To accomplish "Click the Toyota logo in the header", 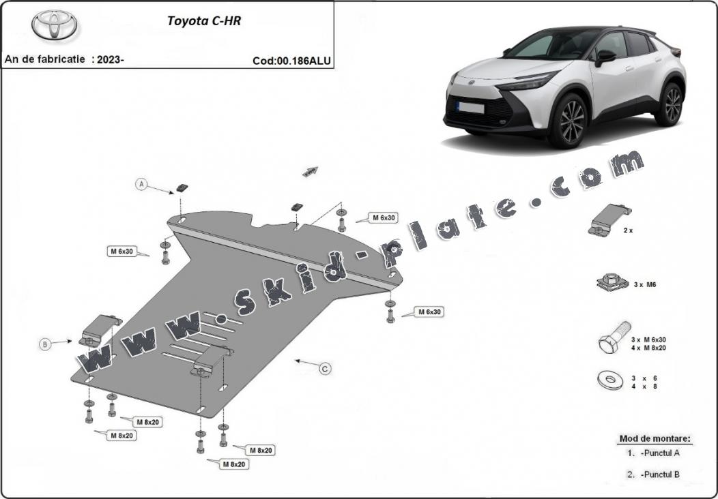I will point(54,25).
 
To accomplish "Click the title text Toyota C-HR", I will point(204,20).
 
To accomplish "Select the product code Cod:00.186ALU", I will point(291,61).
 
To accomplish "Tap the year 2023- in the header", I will point(111,59).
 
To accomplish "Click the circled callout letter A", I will point(141,184).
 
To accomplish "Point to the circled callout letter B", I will point(45,345).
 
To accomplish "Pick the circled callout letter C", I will point(326,369).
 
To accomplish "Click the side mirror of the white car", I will point(604,57).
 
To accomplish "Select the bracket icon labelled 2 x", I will point(609,220).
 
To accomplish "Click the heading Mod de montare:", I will point(655,438).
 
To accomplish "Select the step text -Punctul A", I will point(659,453).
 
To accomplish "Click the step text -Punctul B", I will point(659,474).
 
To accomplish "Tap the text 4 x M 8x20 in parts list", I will point(648,348).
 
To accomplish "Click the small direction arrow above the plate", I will point(311,171).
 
